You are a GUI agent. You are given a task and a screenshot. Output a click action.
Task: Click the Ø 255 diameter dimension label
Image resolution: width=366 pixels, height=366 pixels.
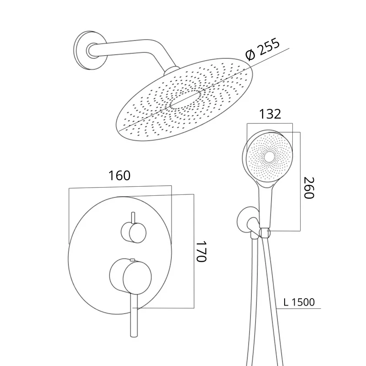point(262,49)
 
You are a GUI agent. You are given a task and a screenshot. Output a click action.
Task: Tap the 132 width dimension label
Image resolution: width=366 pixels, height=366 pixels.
point(270,114)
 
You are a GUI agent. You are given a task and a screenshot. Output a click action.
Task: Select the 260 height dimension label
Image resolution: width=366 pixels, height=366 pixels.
point(309,188)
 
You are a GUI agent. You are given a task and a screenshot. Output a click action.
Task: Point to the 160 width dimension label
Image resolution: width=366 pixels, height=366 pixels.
point(119,176)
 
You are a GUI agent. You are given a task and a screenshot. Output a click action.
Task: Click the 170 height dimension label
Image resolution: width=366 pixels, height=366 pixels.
point(201,251)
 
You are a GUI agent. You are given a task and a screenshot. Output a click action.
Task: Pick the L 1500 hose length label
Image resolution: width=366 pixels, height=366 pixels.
point(299,302)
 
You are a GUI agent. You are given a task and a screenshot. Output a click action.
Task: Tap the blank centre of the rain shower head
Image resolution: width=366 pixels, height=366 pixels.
point(185,100)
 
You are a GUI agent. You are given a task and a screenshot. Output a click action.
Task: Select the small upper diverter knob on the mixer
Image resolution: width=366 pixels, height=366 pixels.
point(134,232)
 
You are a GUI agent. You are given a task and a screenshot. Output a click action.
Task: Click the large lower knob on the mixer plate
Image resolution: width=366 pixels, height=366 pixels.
point(130,276)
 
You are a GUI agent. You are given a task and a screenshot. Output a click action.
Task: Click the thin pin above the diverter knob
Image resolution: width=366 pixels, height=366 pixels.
point(133,218)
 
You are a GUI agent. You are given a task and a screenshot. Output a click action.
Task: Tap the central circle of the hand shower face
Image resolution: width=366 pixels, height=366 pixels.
point(269,157)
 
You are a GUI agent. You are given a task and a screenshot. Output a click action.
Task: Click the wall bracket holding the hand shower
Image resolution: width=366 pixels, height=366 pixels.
point(248,222)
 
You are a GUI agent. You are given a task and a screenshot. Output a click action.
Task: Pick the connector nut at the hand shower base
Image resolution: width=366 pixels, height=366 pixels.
point(265,233)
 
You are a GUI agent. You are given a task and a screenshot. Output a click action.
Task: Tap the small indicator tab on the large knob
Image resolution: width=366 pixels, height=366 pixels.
point(132,259)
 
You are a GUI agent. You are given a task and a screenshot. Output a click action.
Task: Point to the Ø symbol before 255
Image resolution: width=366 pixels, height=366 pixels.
point(250,55)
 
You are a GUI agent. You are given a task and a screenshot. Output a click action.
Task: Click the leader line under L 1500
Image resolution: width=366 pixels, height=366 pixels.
point(299,308)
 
